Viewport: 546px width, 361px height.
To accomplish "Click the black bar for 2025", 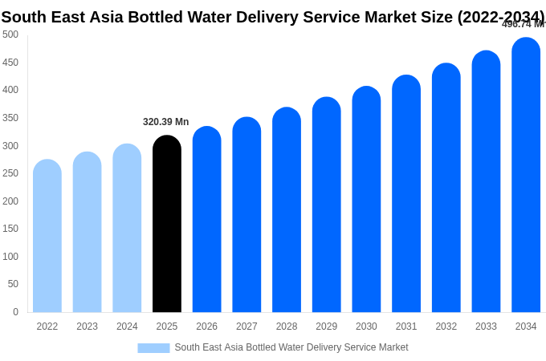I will [167, 225].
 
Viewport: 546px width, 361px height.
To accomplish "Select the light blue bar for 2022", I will [47, 237].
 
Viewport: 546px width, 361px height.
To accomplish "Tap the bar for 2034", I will [526, 176].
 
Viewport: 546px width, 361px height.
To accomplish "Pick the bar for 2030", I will [366, 201].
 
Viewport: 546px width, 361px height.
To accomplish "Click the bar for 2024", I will [127, 229].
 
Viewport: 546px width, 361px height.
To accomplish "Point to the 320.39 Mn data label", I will [165, 122].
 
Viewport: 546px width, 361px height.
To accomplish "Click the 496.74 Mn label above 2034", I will [523, 24].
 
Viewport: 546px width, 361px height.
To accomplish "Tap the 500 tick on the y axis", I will [10, 34].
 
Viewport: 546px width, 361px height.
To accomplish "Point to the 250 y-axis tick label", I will [10, 173].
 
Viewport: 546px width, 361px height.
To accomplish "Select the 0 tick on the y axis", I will [15, 312].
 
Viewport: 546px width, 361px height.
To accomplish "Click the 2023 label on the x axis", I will [87, 327].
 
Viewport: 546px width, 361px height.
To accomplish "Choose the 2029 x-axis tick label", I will [326, 327].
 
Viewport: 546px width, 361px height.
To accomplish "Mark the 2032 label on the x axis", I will [446, 327].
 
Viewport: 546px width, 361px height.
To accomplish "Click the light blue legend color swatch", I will [153, 348].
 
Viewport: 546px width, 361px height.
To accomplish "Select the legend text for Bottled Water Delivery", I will [291, 347].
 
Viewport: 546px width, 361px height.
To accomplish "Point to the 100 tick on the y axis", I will [10, 257].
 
